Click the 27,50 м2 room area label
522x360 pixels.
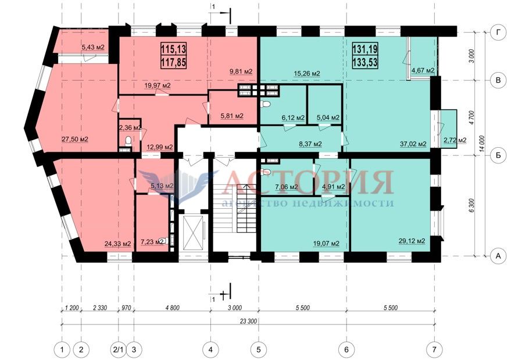75,139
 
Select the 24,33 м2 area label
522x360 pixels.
118,244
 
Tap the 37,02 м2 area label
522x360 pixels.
413,144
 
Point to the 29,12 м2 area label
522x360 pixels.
412,241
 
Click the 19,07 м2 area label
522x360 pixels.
326,244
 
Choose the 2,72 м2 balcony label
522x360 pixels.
455,140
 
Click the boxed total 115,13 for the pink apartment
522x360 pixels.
173,49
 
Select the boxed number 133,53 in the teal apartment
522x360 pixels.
365,62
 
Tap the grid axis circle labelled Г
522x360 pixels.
498,33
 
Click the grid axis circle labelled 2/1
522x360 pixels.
118,350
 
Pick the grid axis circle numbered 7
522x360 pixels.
434,350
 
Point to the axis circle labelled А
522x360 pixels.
498,256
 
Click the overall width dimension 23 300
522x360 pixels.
248,321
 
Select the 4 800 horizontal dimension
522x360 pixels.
172,308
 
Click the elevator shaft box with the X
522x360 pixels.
192,233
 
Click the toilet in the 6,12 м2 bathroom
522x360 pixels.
266,104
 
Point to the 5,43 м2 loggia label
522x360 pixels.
93,48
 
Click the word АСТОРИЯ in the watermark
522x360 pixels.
308,182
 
